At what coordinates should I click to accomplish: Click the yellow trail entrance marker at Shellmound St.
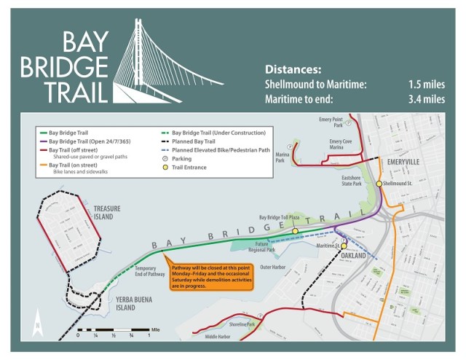(x=379, y=184)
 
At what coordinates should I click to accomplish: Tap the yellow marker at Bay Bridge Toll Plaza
(x=295, y=231)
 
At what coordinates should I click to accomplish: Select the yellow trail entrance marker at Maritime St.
(x=344, y=246)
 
